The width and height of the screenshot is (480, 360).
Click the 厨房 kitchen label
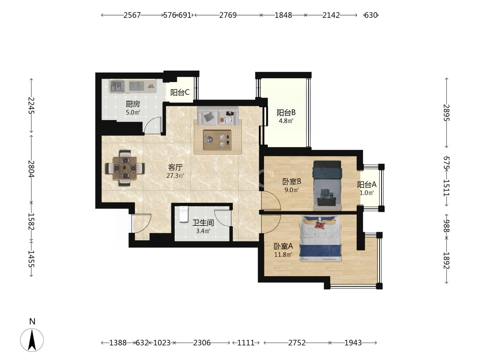pos(133,104)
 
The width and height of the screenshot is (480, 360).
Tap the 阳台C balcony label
pos(180,93)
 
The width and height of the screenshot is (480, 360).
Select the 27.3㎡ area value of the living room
pos(175,176)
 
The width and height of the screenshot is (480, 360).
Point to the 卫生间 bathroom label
pos(203,223)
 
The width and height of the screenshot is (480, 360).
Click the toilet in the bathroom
pos(183,214)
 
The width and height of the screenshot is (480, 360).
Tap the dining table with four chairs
pos(125,168)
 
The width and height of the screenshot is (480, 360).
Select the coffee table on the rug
pos(217,140)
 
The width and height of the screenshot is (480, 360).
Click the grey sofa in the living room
pos(218,116)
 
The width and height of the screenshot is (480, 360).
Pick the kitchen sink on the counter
pos(117,86)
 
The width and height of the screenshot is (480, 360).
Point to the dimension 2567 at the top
pos(132,15)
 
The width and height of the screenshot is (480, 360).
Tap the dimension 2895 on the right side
pos(446,113)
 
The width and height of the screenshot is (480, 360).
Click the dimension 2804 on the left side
pos(31,169)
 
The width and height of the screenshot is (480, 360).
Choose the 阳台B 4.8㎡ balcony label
pos(286,116)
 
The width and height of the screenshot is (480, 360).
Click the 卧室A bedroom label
pos(283,246)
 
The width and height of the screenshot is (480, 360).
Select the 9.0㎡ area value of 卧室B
pos(291,190)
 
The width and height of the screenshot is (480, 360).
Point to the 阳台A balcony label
pos(367,185)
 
